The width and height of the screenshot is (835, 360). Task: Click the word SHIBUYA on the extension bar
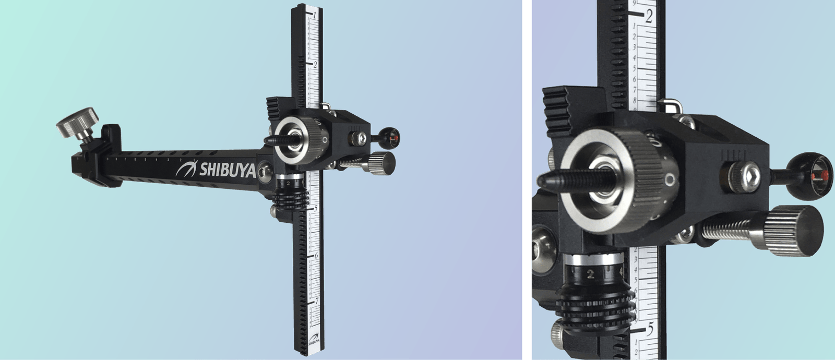228,170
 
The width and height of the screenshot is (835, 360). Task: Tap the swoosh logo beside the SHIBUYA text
186,169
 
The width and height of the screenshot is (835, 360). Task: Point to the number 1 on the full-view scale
315,15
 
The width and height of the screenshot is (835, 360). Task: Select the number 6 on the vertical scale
316,256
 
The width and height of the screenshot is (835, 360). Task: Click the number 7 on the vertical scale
316,301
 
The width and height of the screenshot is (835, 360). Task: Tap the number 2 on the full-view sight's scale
315,64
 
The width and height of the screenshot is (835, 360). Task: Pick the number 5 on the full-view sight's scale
316,208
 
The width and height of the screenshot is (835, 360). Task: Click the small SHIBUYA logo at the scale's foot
314,343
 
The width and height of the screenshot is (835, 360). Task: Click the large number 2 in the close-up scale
648,17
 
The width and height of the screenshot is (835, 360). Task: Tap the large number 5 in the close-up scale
650,329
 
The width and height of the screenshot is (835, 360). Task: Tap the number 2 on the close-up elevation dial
590,273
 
